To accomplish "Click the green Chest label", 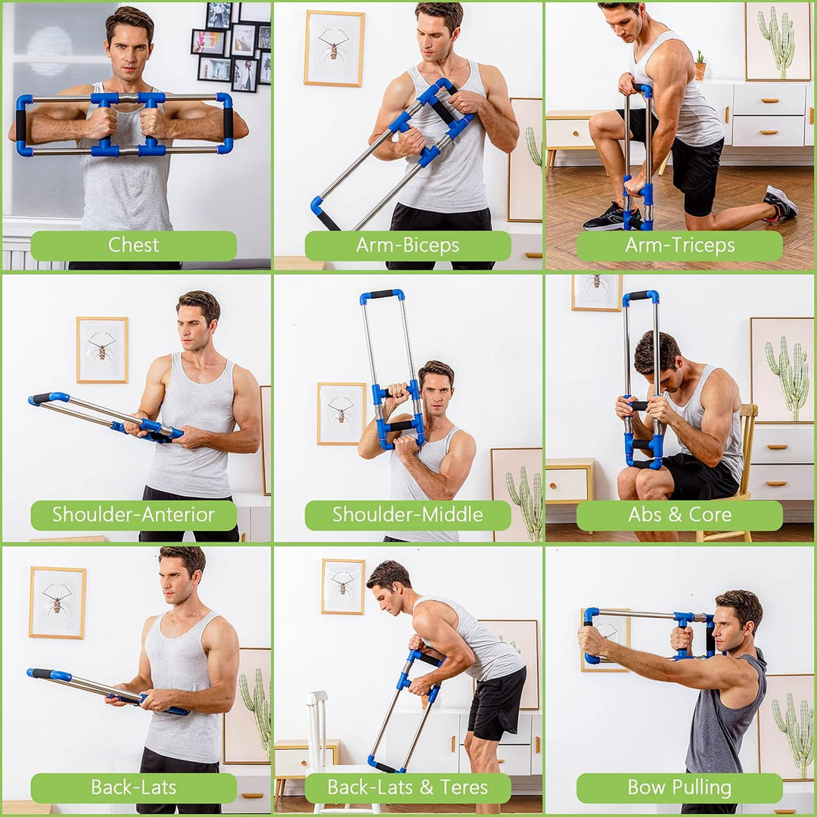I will coord(133,246).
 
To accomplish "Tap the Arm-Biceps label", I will coord(407,246).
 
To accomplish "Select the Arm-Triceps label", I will coord(679,246).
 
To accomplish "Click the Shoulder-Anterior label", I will coord(133,515).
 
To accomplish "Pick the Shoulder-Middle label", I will coord(407,515).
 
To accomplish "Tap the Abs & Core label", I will coord(679,515).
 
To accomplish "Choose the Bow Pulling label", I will coord(679,787).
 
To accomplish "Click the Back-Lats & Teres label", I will coord(407,787).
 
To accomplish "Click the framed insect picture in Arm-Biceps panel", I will coord(334,48).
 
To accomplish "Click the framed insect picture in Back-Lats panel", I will coord(57,601).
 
